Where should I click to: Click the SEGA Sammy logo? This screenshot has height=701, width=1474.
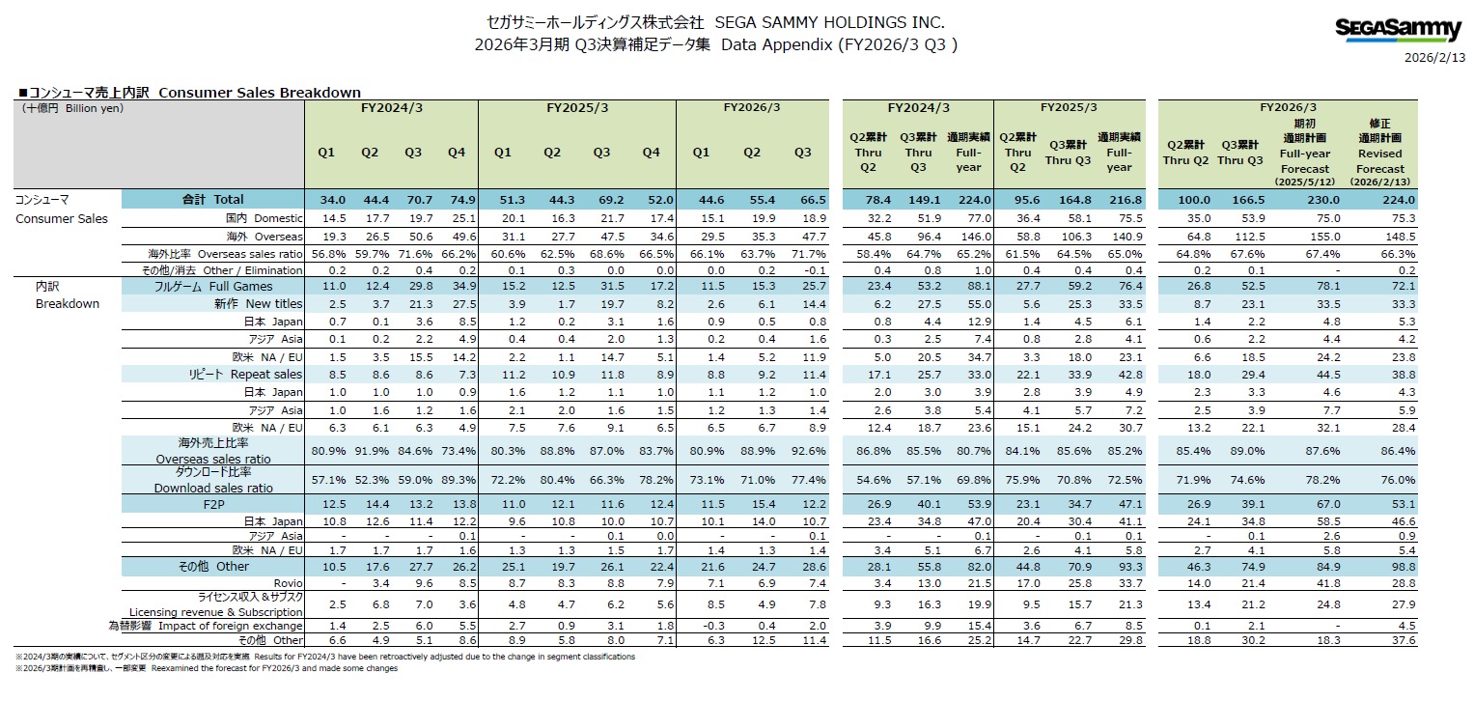coord(1399,30)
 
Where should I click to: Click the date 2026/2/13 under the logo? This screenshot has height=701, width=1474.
coord(1433,57)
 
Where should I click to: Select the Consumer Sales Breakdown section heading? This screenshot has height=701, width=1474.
coord(190,93)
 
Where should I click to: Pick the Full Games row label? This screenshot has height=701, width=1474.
coord(213,286)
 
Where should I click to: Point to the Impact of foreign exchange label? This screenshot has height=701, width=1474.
coord(206,626)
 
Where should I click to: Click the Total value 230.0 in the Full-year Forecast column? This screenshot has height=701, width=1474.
coord(1303,200)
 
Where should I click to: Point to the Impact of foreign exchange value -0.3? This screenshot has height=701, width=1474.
coord(703,626)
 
